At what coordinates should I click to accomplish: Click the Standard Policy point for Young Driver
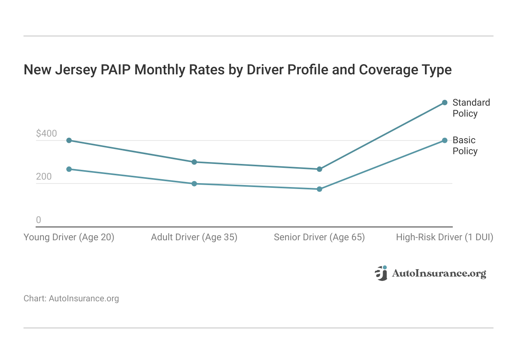[69, 140]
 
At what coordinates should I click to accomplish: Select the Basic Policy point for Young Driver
[69, 169]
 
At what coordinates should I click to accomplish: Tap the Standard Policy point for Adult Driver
[194, 162]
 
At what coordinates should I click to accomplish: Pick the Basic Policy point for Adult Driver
[194, 184]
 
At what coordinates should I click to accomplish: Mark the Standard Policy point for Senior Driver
[319, 169]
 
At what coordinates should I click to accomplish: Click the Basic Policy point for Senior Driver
[319, 189]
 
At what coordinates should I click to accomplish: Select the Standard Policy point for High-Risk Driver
[445, 103]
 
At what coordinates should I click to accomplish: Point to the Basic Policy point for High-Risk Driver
[445, 140]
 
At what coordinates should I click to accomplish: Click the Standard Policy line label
[471, 108]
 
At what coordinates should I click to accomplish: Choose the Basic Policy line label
[465, 146]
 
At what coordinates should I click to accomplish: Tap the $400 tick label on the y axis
[46, 133]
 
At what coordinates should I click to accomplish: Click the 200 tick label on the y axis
[44, 177]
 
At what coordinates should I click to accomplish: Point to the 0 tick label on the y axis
[38, 220]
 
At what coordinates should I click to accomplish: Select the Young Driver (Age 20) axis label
[69, 237]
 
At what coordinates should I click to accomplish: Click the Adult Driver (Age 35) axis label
[194, 237]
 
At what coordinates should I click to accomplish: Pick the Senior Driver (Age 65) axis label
[319, 237]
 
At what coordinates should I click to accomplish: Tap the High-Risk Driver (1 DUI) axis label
[445, 237]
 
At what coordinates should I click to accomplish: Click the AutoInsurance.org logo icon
[381, 273]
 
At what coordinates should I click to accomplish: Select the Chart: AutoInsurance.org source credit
[71, 299]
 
